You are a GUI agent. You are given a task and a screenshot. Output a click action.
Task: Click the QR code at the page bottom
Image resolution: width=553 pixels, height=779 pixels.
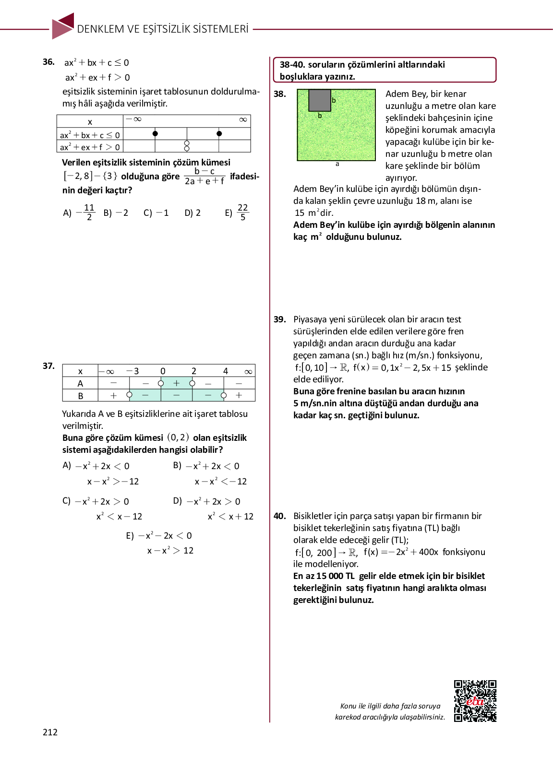tap(475, 700)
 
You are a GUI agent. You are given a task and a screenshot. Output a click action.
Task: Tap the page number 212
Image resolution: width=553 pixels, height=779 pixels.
tap(50, 732)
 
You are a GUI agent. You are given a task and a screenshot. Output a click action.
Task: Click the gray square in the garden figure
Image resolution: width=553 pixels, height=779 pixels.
tap(319, 100)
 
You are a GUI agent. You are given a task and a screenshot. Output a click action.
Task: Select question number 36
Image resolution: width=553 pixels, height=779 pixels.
tap(48, 62)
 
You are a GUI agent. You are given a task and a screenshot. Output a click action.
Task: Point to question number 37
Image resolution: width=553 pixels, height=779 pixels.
tap(48, 366)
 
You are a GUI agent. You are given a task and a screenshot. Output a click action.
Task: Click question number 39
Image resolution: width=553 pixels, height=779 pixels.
tap(280, 319)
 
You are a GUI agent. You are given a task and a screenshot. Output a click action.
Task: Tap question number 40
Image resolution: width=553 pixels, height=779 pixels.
tap(280, 516)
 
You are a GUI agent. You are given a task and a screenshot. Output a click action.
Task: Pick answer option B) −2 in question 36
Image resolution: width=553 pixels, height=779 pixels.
tap(116, 212)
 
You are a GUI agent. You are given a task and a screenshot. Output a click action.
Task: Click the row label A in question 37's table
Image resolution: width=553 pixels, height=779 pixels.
tap(80, 383)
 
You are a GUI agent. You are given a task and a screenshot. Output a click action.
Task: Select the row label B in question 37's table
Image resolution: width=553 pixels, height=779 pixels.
tap(80, 396)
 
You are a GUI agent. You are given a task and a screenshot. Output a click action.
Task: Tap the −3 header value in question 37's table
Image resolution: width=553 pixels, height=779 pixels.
tap(132, 371)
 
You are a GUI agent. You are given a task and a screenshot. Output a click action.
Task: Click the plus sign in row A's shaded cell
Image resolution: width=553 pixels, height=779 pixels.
tap(177, 383)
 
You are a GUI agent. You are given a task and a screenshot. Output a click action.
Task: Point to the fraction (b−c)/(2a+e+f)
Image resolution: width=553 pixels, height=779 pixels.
tap(204, 176)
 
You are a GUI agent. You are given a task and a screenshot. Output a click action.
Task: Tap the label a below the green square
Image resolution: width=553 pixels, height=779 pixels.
tap(337, 164)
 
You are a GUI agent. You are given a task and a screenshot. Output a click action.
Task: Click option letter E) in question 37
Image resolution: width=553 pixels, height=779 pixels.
tap(130, 535)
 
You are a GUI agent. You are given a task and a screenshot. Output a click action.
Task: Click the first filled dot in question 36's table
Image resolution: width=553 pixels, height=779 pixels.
tap(155, 134)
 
